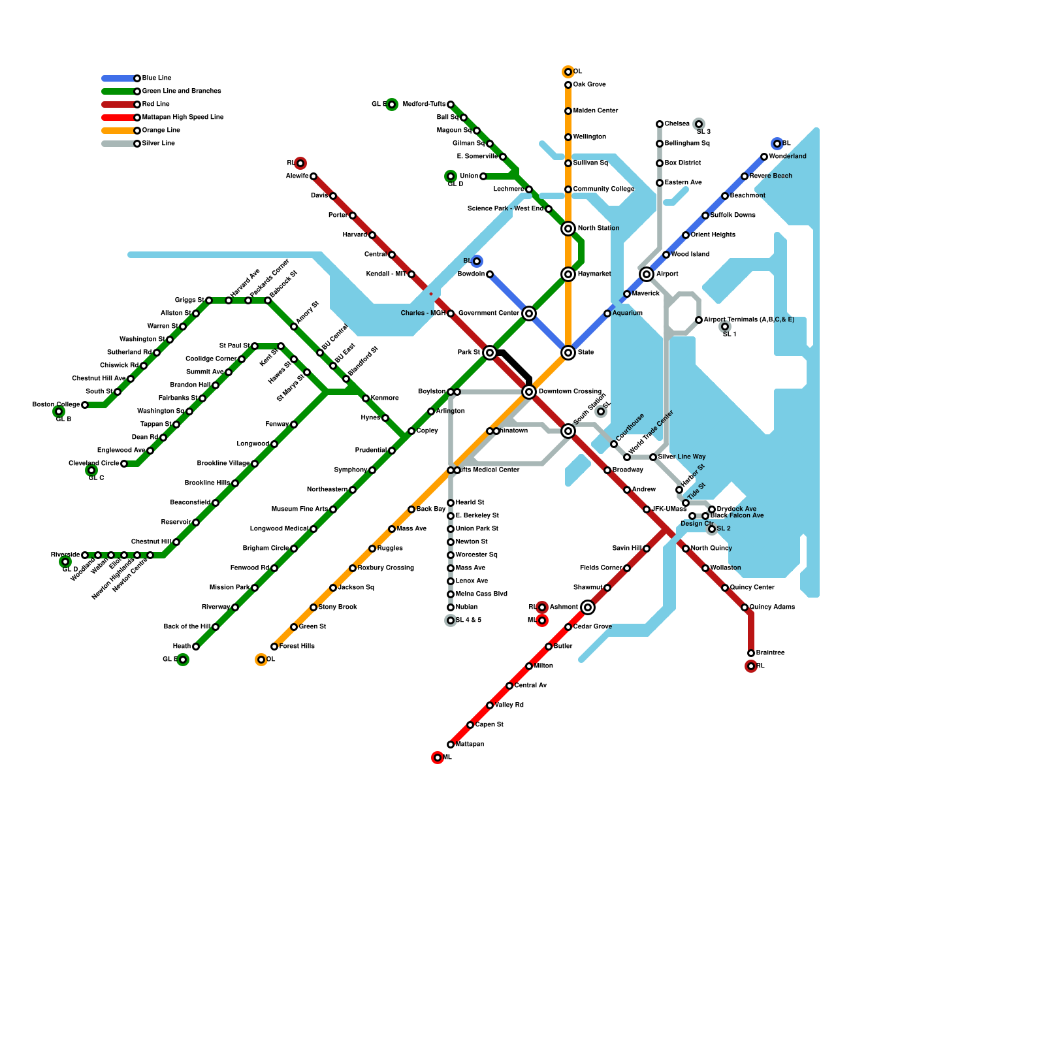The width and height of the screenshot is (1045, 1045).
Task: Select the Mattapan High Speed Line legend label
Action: pos(183,118)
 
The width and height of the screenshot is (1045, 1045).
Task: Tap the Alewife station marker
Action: pos(313,176)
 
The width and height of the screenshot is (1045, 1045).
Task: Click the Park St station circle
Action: pos(490,353)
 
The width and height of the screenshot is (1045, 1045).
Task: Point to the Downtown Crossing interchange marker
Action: pos(529,392)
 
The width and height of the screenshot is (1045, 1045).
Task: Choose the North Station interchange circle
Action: pos(568,229)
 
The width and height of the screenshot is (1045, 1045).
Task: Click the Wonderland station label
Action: pos(788,157)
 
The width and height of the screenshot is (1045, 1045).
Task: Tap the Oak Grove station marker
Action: pos(568,85)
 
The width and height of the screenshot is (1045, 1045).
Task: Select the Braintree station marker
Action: pos(751,653)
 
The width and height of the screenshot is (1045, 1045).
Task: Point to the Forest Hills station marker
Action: pos(274,647)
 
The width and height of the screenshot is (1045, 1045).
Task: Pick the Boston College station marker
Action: pos(85,405)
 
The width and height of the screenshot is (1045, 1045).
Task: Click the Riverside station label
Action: pos(65,555)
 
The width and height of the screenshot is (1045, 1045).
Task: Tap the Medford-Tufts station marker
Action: pos(451,104)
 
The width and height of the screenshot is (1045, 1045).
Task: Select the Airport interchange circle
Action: pos(647,274)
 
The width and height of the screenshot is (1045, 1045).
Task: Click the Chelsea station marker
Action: pos(660,124)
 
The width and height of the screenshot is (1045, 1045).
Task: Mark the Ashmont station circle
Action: pos(588,607)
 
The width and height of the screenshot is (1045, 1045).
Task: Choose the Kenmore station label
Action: pos(385,398)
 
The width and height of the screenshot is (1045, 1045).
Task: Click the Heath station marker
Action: pos(196,647)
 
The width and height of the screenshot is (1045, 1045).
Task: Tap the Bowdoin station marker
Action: pos(490,274)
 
